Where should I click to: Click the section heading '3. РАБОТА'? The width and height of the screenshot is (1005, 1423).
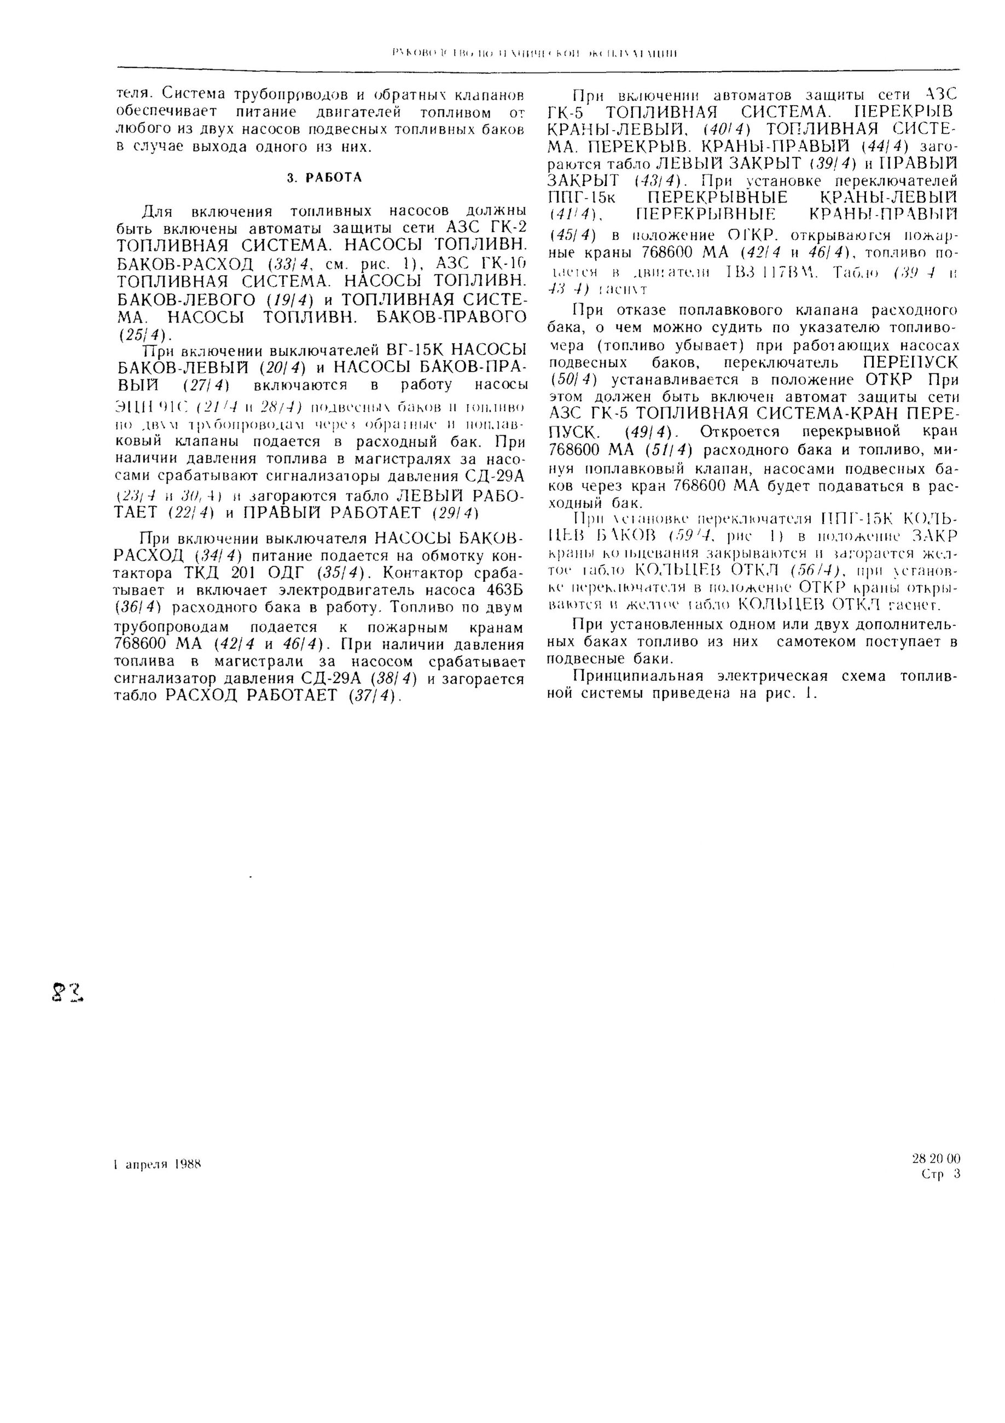[x=324, y=178]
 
